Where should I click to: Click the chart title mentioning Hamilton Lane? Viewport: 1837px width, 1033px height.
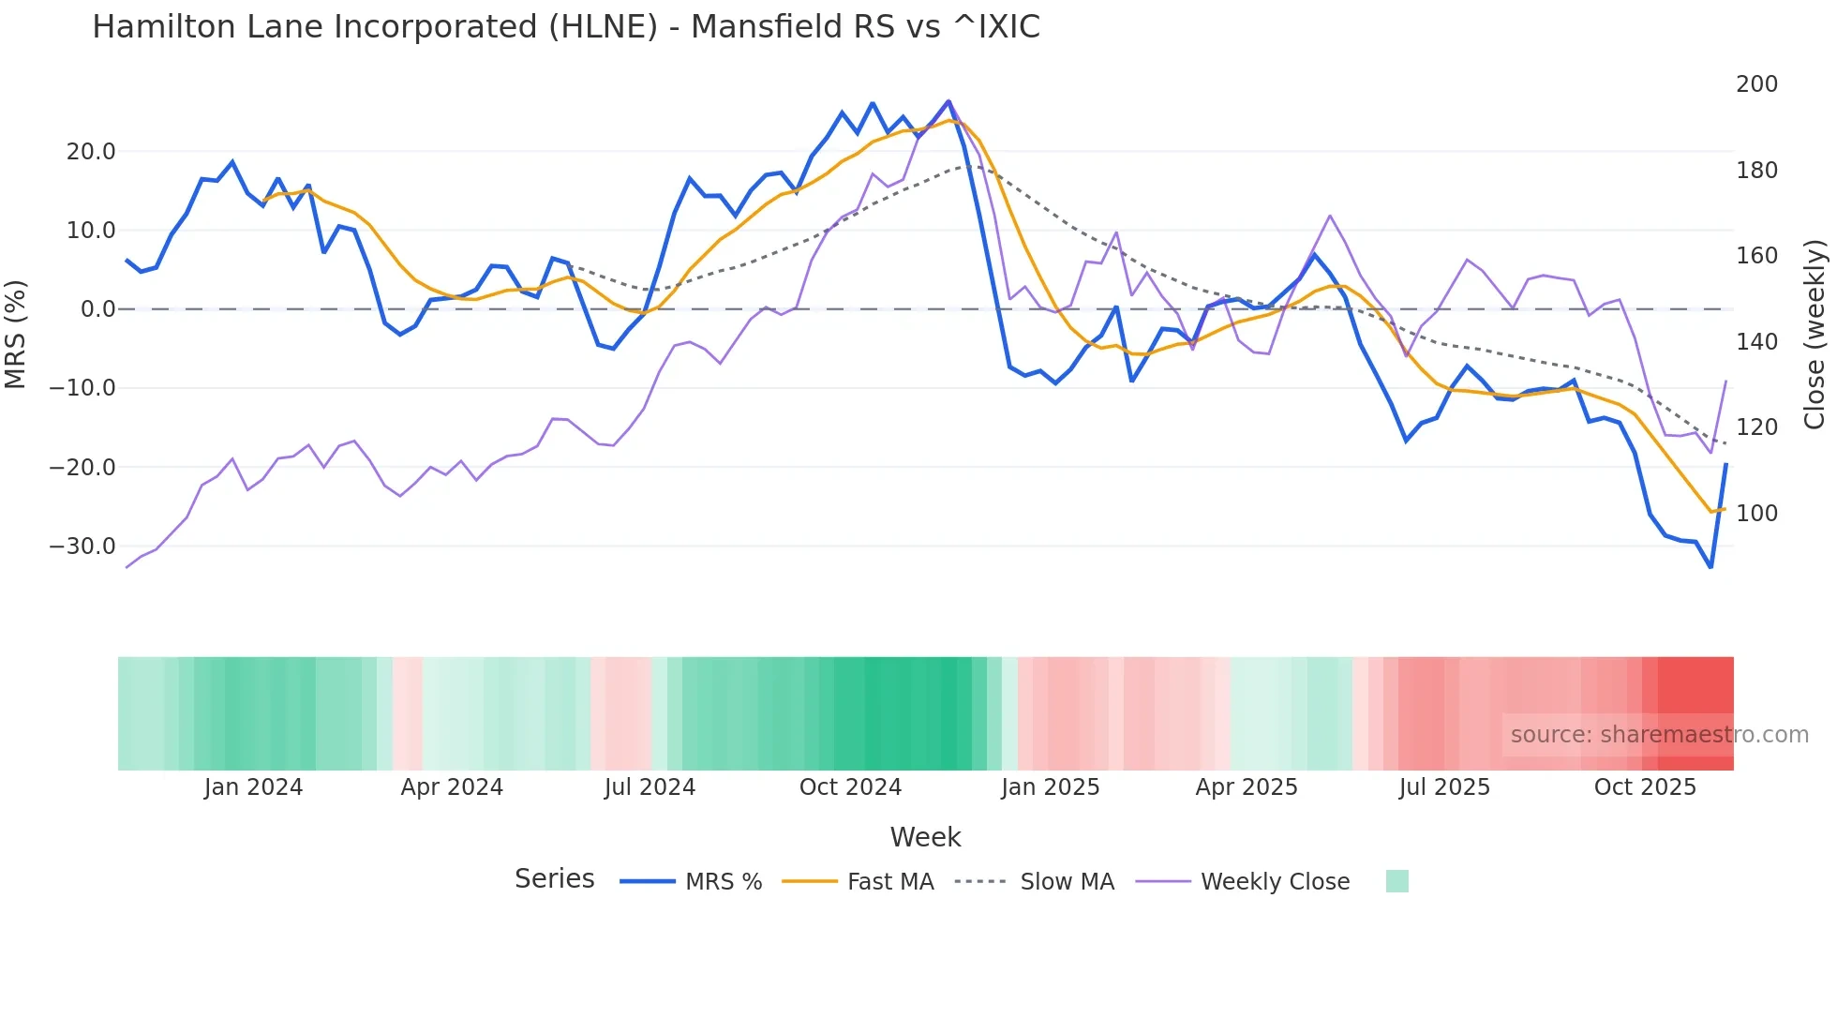click(565, 27)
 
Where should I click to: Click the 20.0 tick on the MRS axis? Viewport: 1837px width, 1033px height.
click(90, 152)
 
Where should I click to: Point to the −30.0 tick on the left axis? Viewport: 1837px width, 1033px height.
click(82, 546)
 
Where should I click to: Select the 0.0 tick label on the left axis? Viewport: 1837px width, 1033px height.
click(97, 309)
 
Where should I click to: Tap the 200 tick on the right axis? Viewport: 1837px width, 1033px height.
click(1756, 84)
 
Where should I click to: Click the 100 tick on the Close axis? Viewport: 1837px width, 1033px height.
click(1756, 514)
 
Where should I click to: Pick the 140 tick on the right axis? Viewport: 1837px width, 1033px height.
click(1756, 342)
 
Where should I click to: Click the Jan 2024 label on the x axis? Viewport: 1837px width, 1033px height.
click(253, 787)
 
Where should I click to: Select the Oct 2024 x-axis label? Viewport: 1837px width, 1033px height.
click(850, 787)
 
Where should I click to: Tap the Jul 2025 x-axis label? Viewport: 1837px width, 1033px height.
click(1444, 787)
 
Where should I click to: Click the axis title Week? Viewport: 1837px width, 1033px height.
click(925, 837)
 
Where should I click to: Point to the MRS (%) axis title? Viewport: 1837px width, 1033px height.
click(16, 334)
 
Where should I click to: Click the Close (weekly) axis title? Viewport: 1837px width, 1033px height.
click(1815, 334)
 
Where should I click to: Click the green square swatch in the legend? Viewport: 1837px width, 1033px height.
click(1396, 881)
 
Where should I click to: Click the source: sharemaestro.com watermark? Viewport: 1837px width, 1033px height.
click(1659, 735)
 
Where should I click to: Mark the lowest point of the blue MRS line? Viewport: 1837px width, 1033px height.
click(1710, 567)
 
